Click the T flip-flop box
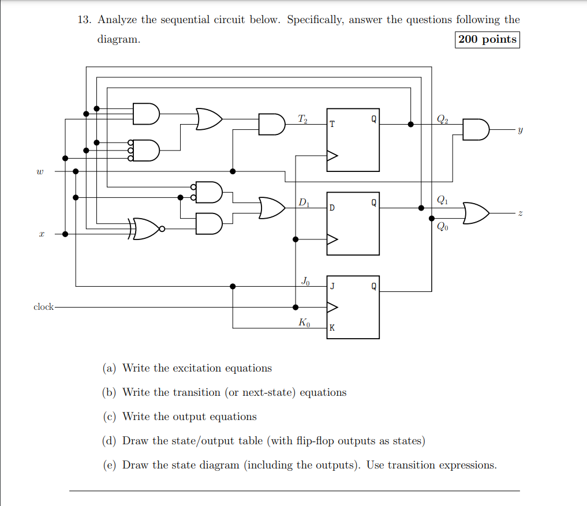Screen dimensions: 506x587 click(353, 140)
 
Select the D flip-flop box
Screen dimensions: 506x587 click(353, 223)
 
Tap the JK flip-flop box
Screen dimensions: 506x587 click(353, 307)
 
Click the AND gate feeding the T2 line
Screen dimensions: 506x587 click(271, 124)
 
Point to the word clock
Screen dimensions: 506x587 click(43, 307)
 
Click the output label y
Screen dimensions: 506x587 click(519, 130)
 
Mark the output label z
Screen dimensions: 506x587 click(519, 213)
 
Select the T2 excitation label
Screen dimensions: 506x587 click(303, 119)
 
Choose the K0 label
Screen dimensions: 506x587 click(304, 323)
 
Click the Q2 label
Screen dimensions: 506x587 click(442, 119)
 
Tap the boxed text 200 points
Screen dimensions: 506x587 click(487, 39)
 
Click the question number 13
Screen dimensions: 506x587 click(84, 20)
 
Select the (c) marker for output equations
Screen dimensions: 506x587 click(109, 417)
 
